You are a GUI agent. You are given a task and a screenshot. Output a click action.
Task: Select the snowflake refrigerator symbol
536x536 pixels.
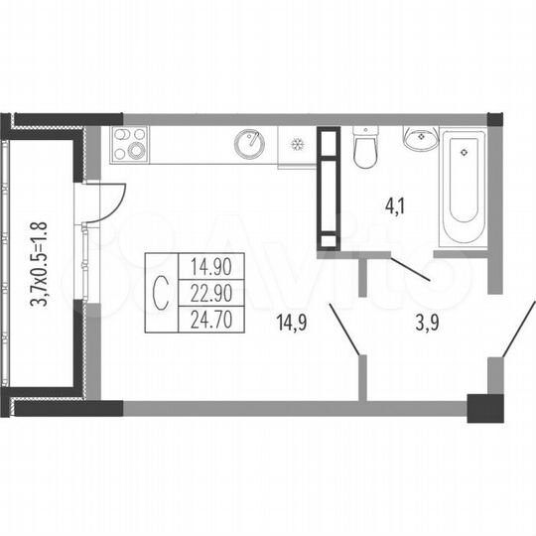point(295,145)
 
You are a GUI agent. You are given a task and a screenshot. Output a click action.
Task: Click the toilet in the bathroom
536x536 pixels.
point(364,150)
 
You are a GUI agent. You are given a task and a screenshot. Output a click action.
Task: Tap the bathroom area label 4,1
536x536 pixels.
point(395,207)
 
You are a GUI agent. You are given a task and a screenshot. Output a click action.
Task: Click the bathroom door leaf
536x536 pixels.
point(408,269)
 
